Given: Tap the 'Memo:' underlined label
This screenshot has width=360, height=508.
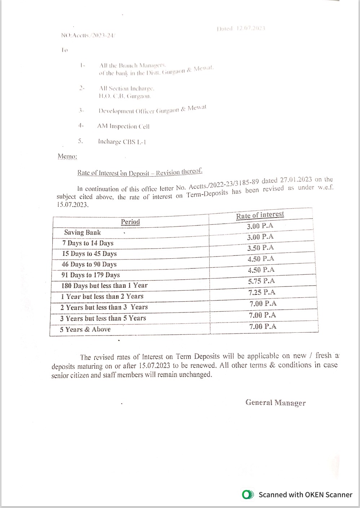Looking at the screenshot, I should click(x=67, y=157).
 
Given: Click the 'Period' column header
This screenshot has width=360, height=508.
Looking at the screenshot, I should click(x=130, y=222).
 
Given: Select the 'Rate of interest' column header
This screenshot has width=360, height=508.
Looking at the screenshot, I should click(x=260, y=215).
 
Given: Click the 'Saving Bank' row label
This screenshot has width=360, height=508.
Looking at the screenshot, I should click(x=83, y=232).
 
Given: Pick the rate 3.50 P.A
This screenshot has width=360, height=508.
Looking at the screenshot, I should click(x=260, y=248).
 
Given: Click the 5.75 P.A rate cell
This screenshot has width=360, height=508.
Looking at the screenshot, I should click(x=262, y=281).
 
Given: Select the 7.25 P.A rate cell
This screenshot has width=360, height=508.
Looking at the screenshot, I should click(x=262, y=292).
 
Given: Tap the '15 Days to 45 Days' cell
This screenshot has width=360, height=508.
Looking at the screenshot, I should click(x=89, y=254).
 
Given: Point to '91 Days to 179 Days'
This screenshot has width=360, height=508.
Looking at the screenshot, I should click(x=91, y=275).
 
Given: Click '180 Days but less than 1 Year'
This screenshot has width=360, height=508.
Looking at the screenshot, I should click(x=105, y=286).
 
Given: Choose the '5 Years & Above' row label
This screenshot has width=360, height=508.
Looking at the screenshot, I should click(x=85, y=329).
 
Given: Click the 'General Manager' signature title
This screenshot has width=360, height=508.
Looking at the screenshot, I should click(x=275, y=403).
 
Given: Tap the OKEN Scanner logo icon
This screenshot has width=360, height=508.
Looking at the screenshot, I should click(x=247, y=495).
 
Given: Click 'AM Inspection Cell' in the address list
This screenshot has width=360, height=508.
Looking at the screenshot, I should click(x=123, y=126).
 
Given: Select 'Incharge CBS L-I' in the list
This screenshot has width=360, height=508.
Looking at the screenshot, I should click(x=122, y=142).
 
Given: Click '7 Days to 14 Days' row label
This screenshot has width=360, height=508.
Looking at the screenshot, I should click(x=88, y=243).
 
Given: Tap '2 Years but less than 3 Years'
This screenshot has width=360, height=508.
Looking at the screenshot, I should click(x=104, y=307).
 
